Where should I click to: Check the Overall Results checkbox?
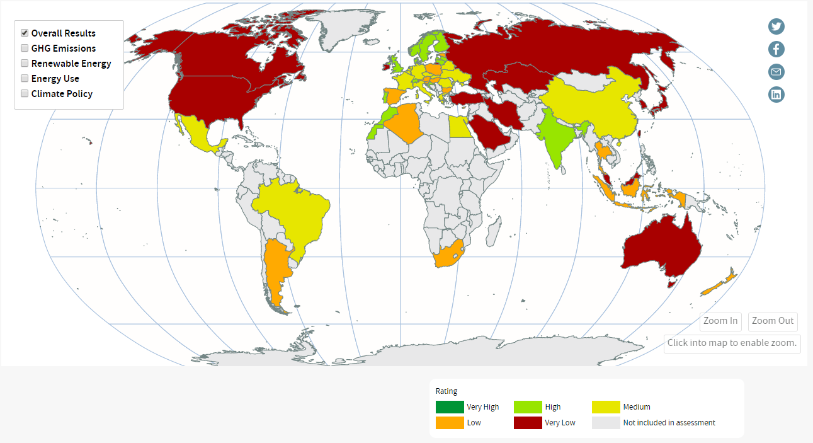[x=25, y=33]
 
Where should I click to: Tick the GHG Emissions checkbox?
[x=25, y=48]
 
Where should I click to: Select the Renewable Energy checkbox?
[x=25, y=63]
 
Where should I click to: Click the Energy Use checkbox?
[x=25, y=78]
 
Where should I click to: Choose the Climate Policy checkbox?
[x=25, y=93]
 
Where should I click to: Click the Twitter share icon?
[x=776, y=26]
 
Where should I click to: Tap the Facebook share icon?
[x=776, y=49]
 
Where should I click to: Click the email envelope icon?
[x=776, y=72]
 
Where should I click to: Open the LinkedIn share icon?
[x=776, y=95]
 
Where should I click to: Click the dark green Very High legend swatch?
[x=449, y=407]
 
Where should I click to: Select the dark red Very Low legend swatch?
[x=527, y=423]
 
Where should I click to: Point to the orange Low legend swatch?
[x=449, y=423]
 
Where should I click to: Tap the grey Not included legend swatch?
[x=605, y=423]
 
